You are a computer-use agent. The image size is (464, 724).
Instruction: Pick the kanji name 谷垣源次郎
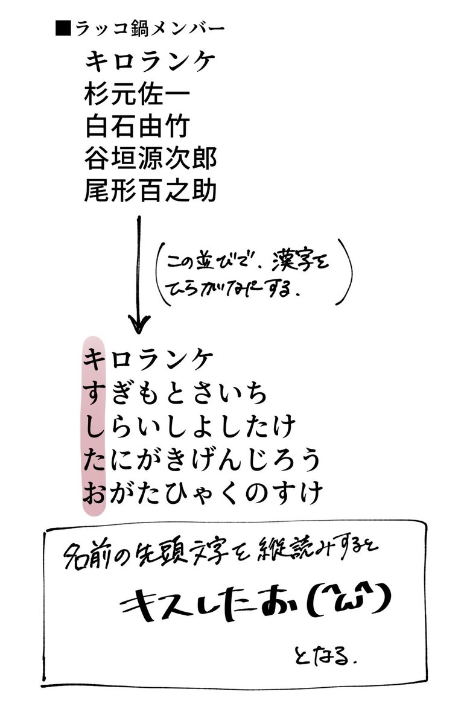click(151, 159)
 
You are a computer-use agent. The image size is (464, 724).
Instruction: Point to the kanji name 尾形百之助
click(151, 192)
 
